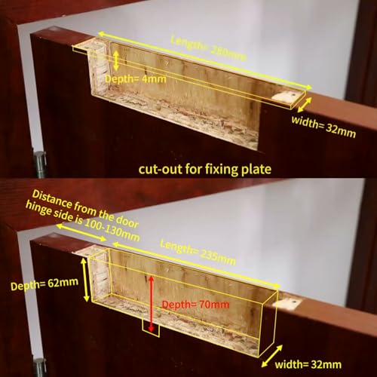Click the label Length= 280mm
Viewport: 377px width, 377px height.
[208, 49]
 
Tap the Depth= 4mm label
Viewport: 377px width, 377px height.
[136, 79]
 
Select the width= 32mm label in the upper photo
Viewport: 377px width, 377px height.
[323, 127]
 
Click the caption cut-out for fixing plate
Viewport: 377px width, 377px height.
[205, 169]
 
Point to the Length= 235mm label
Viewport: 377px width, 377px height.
[198, 253]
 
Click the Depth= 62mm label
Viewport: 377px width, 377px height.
[44, 284]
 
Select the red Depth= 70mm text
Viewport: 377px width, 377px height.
[195, 305]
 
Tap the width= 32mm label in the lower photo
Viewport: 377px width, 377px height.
[308, 364]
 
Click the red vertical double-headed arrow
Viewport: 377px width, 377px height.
[151, 304]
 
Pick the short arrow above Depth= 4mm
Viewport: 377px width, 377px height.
[115, 60]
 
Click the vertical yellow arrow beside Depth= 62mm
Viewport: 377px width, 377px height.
[85, 280]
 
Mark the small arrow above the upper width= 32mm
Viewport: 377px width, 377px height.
[305, 105]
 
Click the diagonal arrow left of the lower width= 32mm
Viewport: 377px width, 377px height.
[271, 356]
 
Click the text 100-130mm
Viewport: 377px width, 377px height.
[112, 231]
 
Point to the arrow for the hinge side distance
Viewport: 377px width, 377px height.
[81, 232]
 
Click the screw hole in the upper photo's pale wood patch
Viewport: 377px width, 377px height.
[293, 95]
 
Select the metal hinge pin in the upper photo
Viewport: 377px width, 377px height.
[40, 162]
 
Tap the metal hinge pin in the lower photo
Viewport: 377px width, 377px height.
[39, 367]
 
